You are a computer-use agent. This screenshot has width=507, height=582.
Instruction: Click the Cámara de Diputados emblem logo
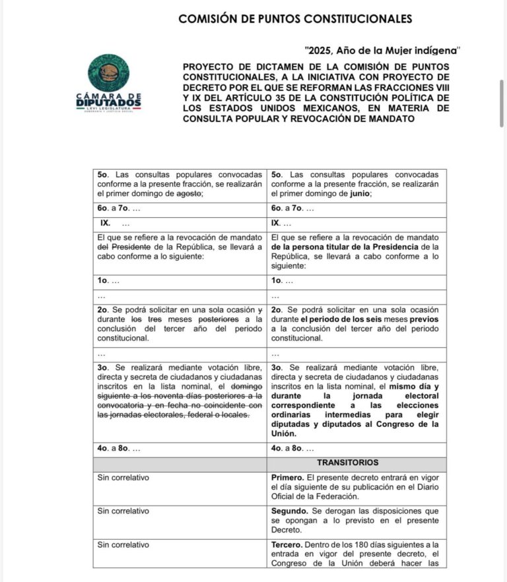coord(108,74)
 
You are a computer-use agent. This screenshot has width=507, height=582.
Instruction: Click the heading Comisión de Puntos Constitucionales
coord(295,18)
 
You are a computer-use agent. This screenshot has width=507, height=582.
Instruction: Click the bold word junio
coord(362,194)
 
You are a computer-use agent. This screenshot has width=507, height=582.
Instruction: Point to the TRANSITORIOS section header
coord(356,463)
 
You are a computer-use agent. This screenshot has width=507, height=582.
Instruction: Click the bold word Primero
coord(288,477)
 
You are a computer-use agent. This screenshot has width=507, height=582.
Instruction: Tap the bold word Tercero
coord(287,544)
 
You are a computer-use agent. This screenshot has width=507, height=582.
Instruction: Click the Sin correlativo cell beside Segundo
coord(123,511)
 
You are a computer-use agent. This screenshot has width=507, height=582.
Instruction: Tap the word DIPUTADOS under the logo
coord(108,103)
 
